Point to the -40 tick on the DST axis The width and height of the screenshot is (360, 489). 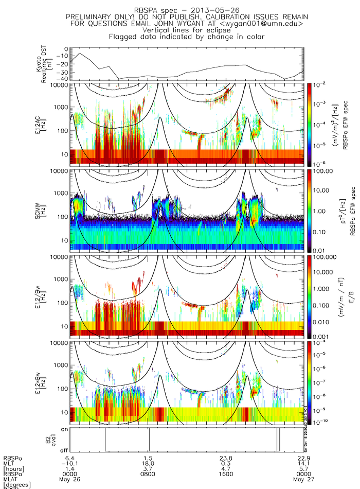65,79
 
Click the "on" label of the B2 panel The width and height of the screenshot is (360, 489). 65,428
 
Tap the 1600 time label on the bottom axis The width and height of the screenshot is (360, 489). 226,475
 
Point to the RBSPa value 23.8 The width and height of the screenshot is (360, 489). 226,458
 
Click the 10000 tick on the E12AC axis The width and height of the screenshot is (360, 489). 61,85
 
